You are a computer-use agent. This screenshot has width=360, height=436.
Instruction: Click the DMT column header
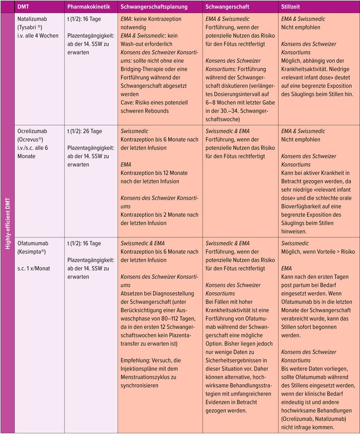[24, 7]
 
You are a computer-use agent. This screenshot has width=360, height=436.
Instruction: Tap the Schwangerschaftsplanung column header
[154, 7]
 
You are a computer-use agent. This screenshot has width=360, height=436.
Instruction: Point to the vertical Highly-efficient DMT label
[7, 223]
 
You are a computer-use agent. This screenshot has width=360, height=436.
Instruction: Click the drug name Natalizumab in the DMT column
[32, 19]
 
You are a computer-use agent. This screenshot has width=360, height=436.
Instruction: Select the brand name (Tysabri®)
[32, 27]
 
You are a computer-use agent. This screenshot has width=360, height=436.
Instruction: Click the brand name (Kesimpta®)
[32, 252]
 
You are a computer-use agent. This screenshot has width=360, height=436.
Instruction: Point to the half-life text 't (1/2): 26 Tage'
[84, 131]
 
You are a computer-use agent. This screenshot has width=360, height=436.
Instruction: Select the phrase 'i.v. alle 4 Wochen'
[38, 35]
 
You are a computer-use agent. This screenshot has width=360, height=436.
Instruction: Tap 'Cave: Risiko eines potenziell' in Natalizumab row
[154, 102]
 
